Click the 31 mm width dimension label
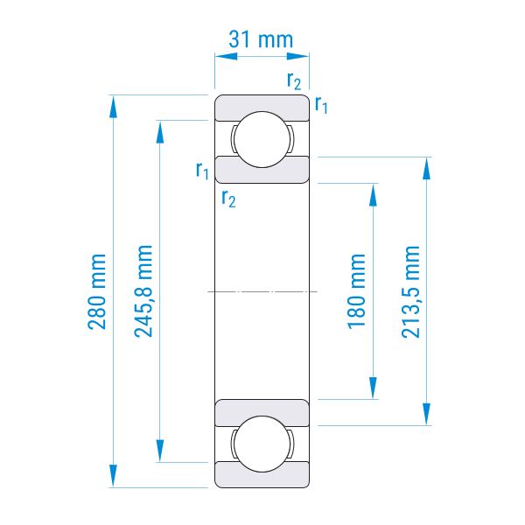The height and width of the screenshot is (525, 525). coord(261,39)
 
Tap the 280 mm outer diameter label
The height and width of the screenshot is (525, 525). coord(97,291)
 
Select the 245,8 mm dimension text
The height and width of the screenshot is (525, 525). coord(143,290)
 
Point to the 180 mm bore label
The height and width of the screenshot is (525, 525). coord(357,291)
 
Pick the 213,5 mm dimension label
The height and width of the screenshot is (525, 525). coord(410,291)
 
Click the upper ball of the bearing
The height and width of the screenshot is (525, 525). coord(262,139)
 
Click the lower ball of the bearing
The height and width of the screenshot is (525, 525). coord(262,444)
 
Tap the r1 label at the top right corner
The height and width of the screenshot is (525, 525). coord(321,105)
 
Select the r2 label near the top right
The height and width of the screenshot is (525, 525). coord(294,80)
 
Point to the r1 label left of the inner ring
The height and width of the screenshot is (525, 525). coord(202,171)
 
